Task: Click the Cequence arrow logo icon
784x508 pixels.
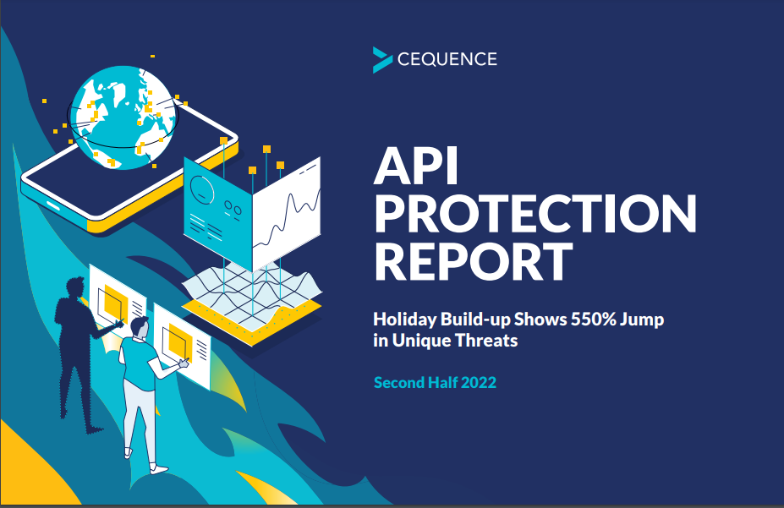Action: (381, 60)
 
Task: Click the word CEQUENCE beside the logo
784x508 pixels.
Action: (447, 59)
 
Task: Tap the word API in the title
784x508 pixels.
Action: (415, 167)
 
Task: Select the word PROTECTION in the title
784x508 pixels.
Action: (535, 214)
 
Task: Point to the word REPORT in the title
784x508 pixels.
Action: (473, 261)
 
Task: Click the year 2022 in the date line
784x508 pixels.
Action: (479, 383)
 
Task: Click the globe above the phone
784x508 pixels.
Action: (123, 117)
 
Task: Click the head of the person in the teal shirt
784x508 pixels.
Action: (140, 327)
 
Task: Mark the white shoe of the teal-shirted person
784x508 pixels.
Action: (158, 469)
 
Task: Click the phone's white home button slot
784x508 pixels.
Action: (53, 205)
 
